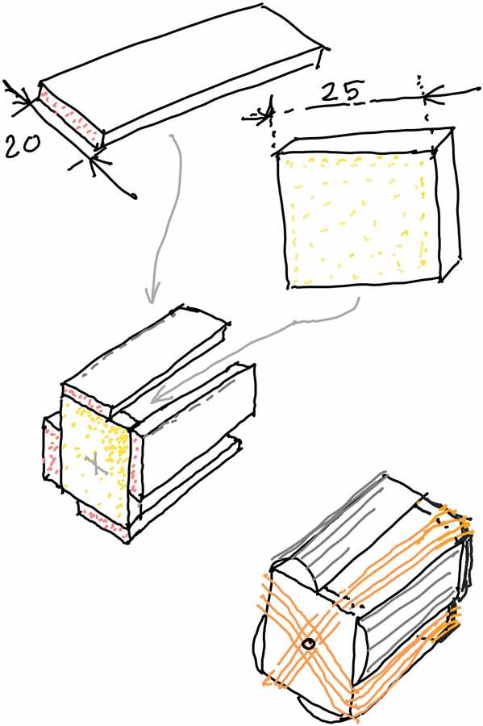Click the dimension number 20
(x=23, y=146)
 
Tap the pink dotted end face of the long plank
(x=70, y=118)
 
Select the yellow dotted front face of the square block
(x=358, y=219)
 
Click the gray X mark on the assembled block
(x=96, y=464)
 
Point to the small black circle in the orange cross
(x=308, y=643)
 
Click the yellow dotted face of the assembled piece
(x=95, y=463)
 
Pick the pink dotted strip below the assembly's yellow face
(x=102, y=521)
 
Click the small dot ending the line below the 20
(x=135, y=196)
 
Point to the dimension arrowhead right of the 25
(x=428, y=96)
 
